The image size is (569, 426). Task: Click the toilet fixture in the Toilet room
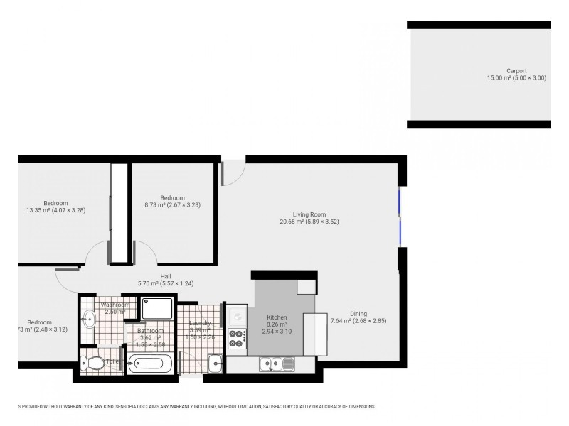[95, 363]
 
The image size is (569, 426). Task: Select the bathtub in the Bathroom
[150, 364]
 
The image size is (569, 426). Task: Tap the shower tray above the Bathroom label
[157, 308]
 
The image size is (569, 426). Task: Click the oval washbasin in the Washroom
[89, 320]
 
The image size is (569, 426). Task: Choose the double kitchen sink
[277, 364]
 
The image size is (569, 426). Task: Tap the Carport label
[516, 70]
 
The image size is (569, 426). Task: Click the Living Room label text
[309, 214]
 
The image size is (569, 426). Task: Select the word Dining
[358, 313]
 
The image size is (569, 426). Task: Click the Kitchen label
[277, 317]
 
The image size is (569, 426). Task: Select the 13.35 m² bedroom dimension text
[55, 210]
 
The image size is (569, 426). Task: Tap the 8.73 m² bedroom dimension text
[172, 205]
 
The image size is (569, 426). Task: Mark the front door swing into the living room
[233, 174]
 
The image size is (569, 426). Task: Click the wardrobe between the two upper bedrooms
[119, 213]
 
